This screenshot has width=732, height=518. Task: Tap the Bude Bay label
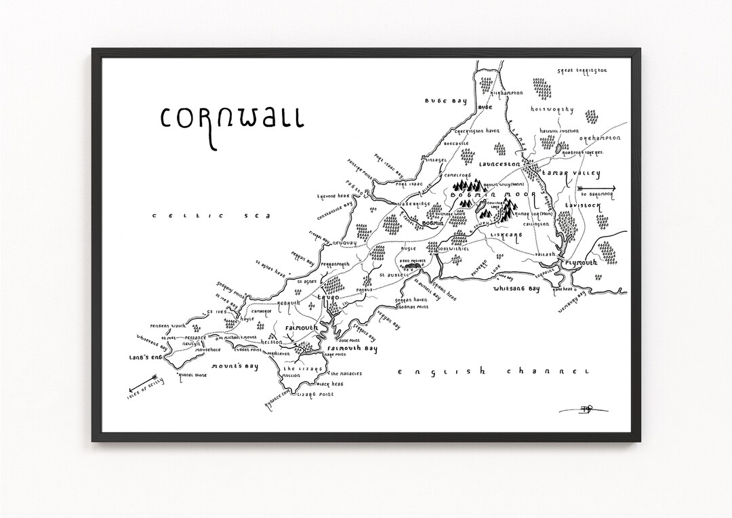click(446, 101)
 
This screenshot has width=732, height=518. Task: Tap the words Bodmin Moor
click(500, 195)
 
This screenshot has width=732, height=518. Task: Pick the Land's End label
click(145, 356)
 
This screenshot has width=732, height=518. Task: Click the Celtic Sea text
click(211, 216)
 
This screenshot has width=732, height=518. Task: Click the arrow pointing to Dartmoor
click(598, 188)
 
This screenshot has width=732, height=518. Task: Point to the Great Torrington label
click(581, 70)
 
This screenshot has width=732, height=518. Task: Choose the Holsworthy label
click(552, 109)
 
